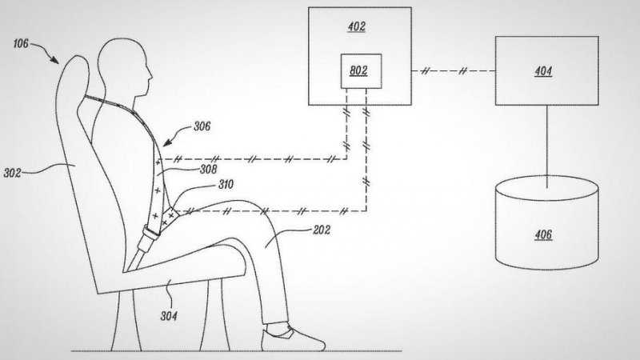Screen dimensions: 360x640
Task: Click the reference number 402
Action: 356,26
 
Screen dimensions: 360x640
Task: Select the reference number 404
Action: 544,71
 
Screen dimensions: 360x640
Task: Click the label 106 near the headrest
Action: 22,44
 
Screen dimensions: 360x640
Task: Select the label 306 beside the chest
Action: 202,126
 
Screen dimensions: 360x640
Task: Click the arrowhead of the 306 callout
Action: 164,142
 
